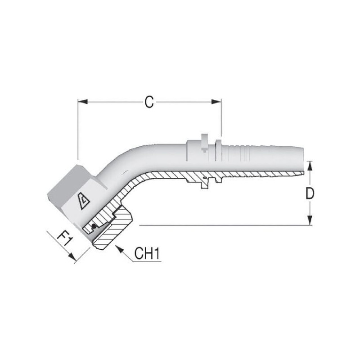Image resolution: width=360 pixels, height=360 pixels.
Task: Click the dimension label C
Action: (149, 102)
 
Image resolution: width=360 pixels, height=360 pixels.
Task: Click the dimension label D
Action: (310, 193)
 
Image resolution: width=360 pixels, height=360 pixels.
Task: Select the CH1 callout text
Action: (147, 253)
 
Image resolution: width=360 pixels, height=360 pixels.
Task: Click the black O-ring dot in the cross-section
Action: (94, 226)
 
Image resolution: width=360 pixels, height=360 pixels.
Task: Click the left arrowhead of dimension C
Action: (83, 102)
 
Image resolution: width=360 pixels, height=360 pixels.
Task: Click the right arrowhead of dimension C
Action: (216, 102)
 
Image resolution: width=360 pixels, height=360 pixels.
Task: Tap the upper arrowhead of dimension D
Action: (310, 166)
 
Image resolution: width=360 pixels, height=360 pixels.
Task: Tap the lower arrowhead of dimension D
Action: (310, 220)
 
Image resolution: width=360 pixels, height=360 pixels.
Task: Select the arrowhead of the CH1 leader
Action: (119, 249)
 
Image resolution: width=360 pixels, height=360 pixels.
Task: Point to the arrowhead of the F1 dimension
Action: (73, 257)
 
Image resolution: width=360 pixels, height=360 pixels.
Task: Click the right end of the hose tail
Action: (303, 159)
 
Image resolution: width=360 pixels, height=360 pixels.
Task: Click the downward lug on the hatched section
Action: (205, 184)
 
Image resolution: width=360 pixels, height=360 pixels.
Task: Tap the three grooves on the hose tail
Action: (245, 153)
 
